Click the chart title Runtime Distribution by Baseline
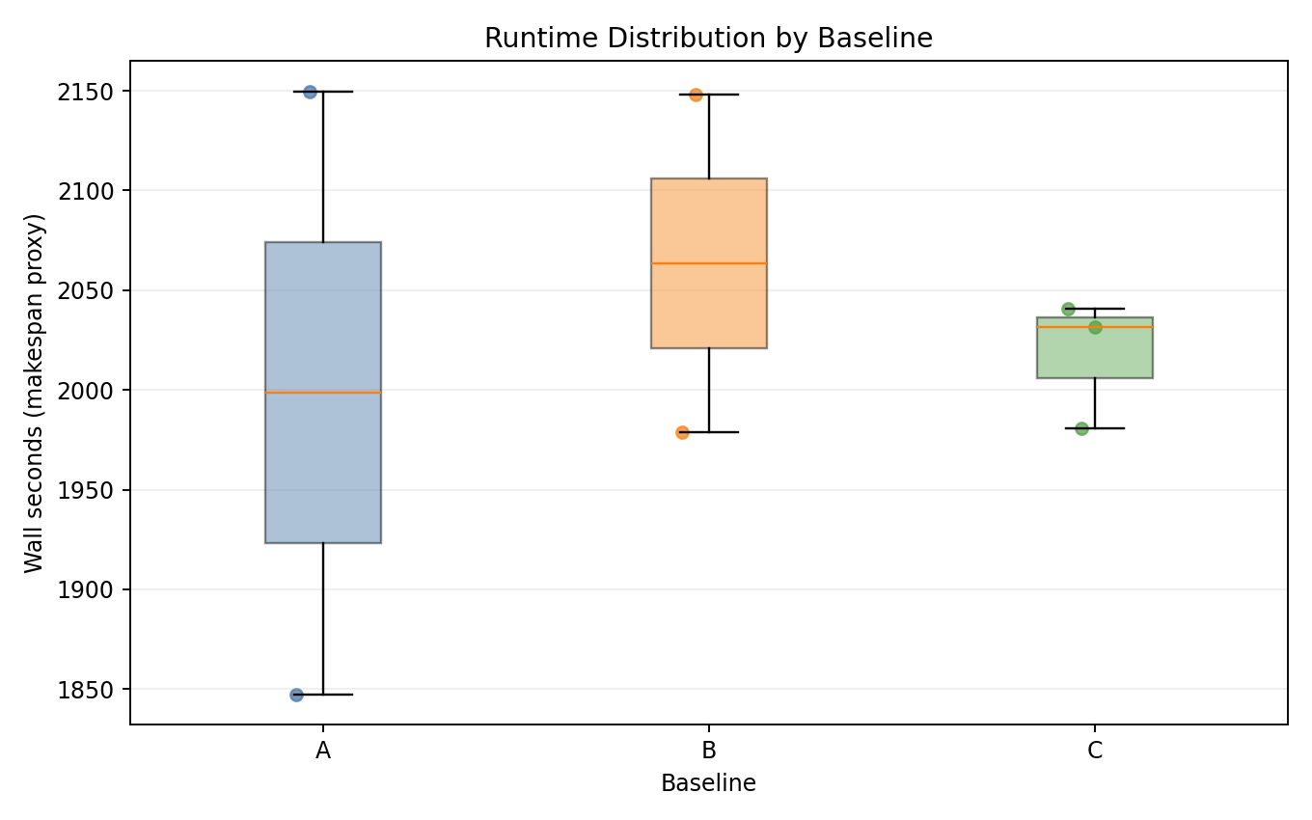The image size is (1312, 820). (708, 38)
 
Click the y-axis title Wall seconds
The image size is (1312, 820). (35, 392)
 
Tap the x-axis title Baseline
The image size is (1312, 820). (708, 783)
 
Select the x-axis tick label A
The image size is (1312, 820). (323, 751)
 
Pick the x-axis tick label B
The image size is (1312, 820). (709, 751)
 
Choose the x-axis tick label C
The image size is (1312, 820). (1095, 751)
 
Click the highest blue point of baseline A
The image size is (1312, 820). (310, 92)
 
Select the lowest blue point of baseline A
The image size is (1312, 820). (296, 695)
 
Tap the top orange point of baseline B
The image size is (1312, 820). (696, 95)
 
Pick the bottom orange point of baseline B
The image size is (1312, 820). (682, 432)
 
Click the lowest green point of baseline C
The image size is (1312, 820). (1081, 428)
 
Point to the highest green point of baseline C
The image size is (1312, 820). (1068, 309)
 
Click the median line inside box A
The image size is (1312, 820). (323, 393)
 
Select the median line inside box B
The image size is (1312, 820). (709, 263)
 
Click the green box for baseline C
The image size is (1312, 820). (1095, 353)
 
